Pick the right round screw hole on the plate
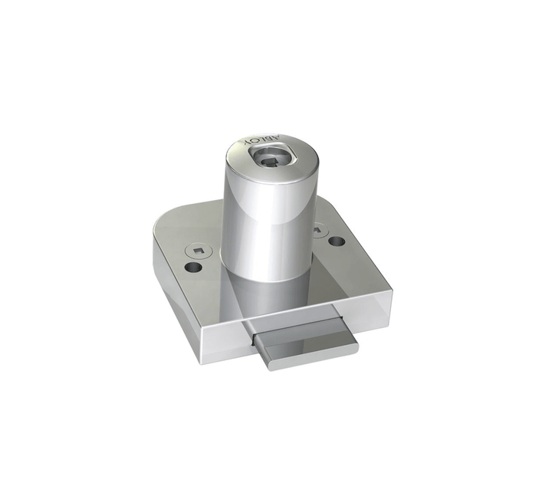point(337,241)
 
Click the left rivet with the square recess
point(197,249)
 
